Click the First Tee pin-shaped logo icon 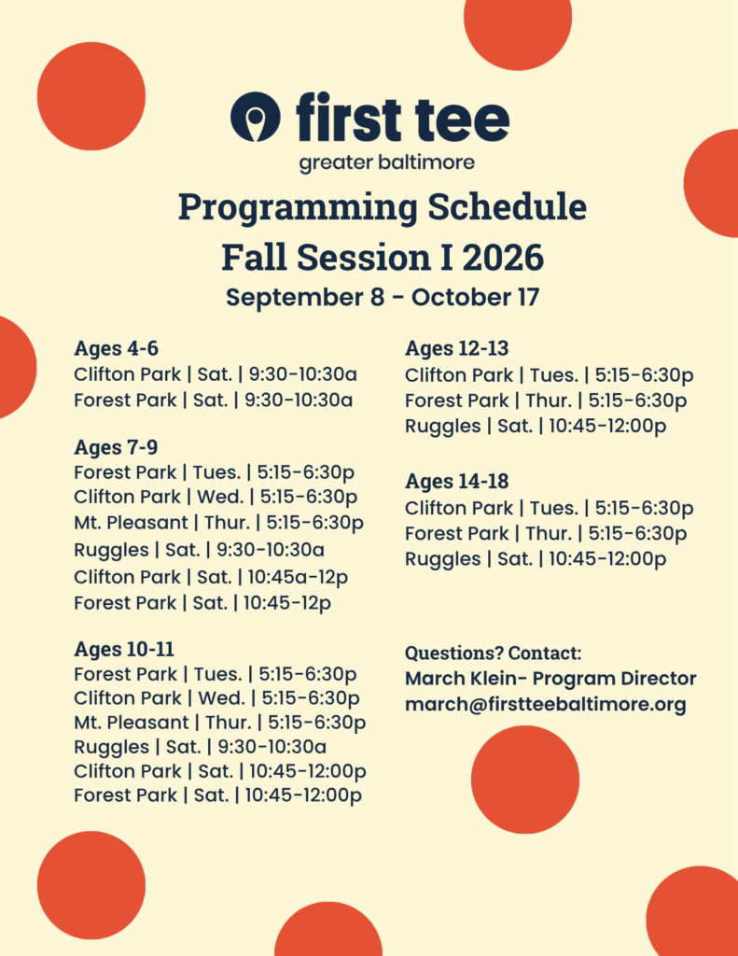pyautogui.click(x=256, y=117)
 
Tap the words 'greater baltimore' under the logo pyautogui.click(x=386, y=162)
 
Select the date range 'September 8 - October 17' pyautogui.click(x=383, y=298)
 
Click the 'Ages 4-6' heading pyautogui.click(x=116, y=348)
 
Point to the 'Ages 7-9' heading pyautogui.click(x=116, y=447)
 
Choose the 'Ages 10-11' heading pyautogui.click(x=124, y=649)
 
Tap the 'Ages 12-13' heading pyautogui.click(x=456, y=348)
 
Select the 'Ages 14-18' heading pyautogui.click(x=456, y=481)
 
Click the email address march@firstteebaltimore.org pyautogui.click(x=546, y=705)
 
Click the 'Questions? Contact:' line pyautogui.click(x=493, y=653)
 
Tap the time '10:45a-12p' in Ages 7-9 pyautogui.click(x=298, y=577)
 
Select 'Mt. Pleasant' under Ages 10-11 pyautogui.click(x=131, y=723)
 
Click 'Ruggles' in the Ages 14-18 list pyautogui.click(x=442, y=560)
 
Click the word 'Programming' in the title pyautogui.click(x=298, y=208)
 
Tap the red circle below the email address pyautogui.click(x=524, y=780)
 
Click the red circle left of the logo pyautogui.click(x=91, y=96)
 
